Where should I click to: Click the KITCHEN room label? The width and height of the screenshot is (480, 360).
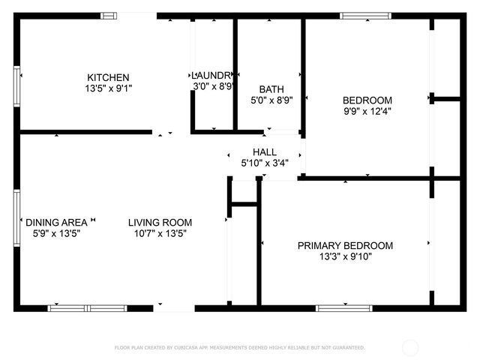click(109, 77)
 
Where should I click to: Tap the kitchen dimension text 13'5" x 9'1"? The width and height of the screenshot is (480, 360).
click(109, 88)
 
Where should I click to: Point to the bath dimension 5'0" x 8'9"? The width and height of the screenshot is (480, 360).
click(271, 99)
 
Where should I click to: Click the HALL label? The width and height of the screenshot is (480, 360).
click(264, 151)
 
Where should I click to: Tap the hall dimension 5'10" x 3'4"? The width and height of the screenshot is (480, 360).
click(264, 163)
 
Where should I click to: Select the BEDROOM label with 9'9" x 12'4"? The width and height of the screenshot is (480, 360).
click(367, 100)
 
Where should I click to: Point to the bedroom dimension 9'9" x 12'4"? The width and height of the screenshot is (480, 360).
click(367, 111)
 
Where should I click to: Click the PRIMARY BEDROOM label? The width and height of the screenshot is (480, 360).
click(345, 245)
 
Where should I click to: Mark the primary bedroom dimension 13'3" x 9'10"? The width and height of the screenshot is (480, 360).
click(345, 256)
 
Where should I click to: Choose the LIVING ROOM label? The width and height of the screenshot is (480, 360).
click(160, 222)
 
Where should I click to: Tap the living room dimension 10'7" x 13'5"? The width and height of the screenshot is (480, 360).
click(160, 233)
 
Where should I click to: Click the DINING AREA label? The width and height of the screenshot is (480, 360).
click(56, 222)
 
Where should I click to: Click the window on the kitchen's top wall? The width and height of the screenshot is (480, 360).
click(109, 15)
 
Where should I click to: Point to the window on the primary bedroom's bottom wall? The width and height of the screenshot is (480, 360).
click(343, 307)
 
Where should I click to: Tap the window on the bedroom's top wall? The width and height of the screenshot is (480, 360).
click(365, 15)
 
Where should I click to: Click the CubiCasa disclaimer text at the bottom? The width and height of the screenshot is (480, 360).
click(239, 347)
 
